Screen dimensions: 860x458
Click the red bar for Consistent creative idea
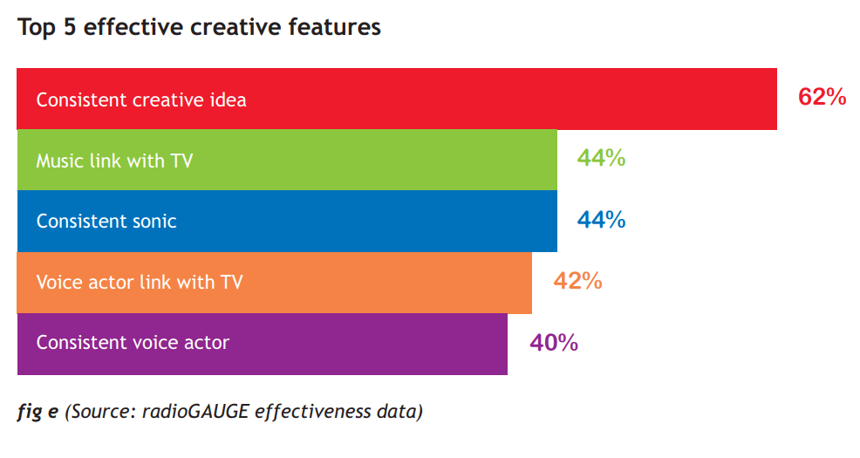tap(397, 99)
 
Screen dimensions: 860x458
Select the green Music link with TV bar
tap(287, 161)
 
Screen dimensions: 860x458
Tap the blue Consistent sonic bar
tap(287, 221)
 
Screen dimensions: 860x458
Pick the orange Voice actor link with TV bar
tap(274, 283)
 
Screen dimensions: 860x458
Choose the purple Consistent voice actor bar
tap(263, 344)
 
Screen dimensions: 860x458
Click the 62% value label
tap(822, 97)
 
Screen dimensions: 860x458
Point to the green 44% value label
tap(601, 158)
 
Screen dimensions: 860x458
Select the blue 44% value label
tap(601, 220)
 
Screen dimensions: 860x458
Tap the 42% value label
tap(577, 281)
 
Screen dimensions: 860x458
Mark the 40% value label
tap(554, 343)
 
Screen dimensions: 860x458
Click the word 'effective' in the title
tap(133, 27)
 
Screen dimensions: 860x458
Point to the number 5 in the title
tap(70, 27)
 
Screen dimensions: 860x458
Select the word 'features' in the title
tap(335, 27)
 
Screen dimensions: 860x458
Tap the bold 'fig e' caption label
tap(38, 412)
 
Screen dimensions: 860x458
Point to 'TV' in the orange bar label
tap(231, 282)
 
